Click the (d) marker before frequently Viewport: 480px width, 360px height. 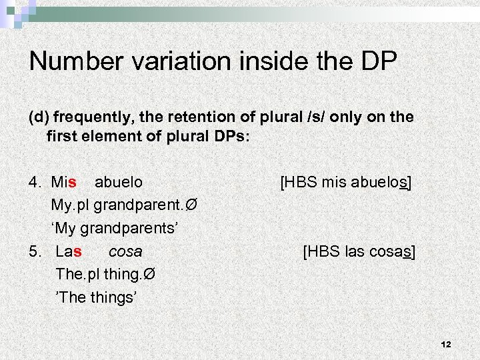coord(39,117)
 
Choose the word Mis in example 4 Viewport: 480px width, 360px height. coord(64,181)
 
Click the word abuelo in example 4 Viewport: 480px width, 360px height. coord(119,181)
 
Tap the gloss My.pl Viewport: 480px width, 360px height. coord(71,205)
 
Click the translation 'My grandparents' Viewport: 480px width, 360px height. coord(115,228)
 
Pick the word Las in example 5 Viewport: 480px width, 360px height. coord(69,252)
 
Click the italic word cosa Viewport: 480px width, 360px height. coord(125,252)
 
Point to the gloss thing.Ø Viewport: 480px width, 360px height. coord(129,275)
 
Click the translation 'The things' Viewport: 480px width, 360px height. coord(96,297)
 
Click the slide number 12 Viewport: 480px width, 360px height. coord(446,344)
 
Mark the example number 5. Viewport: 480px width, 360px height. coord(35,252)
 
